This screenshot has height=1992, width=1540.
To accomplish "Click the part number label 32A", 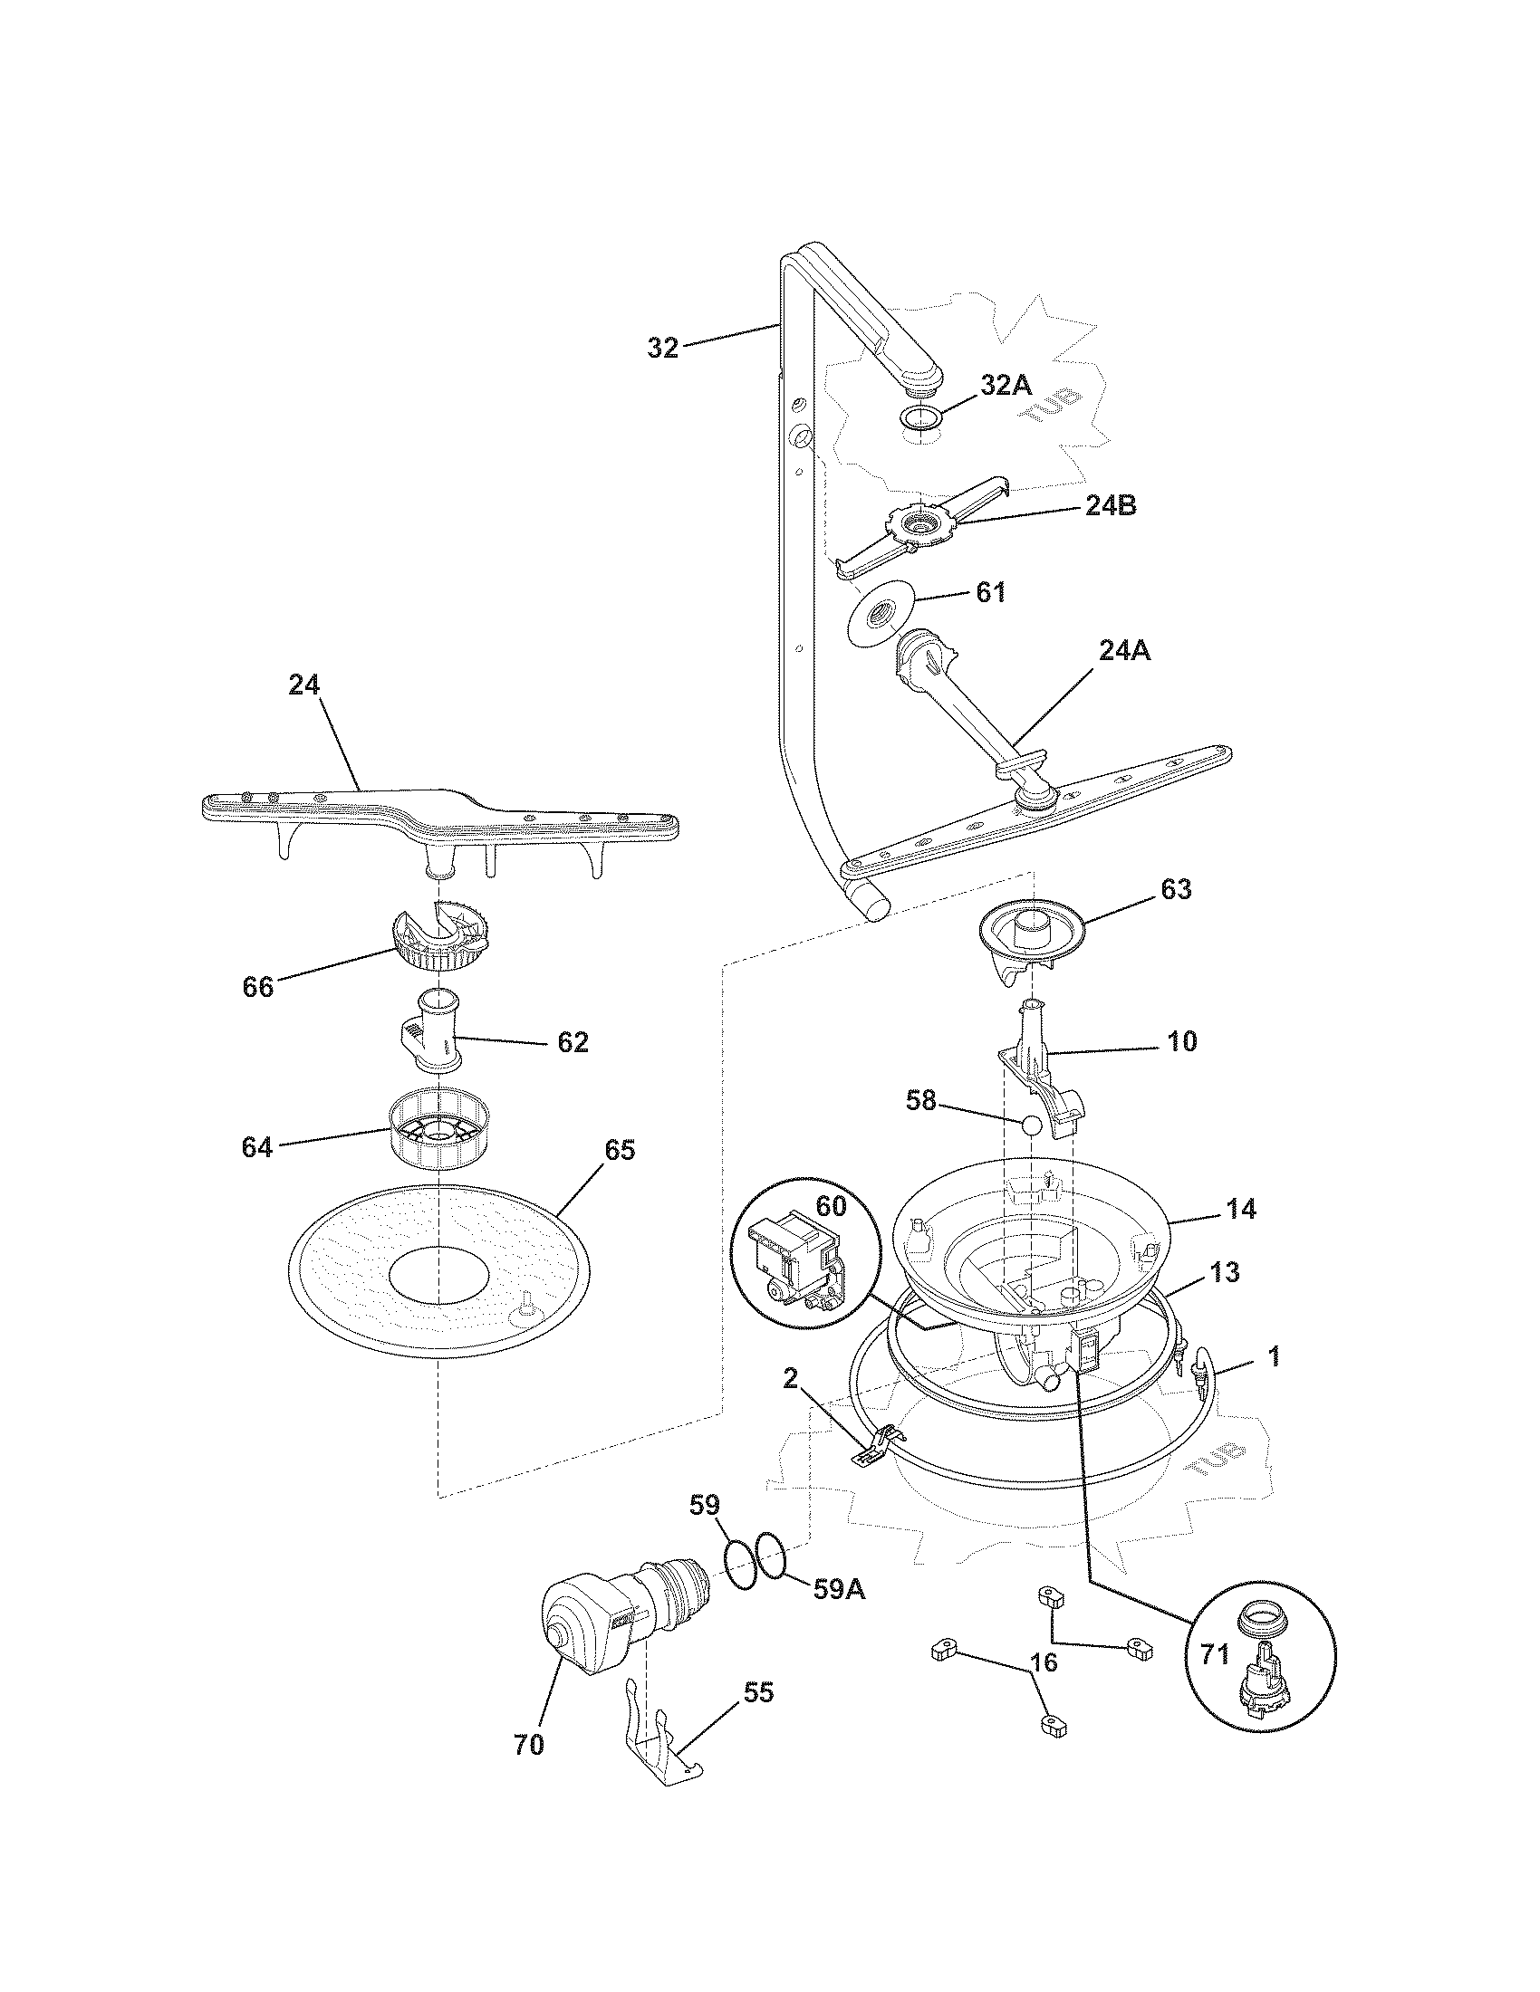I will [x=1006, y=385].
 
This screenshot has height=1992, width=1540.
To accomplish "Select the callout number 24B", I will [x=1111, y=506].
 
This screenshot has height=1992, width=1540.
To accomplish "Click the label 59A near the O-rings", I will [x=839, y=1589].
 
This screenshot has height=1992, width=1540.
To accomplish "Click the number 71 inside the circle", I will [x=1214, y=1654].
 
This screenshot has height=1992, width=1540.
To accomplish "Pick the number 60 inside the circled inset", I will [x=830, y=1206].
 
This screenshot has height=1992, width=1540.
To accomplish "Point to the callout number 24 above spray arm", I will [x=303, y=685].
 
